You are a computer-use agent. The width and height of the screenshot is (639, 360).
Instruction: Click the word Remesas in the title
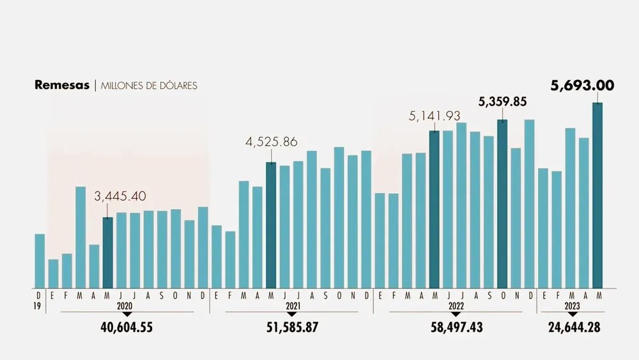pyautogui.click(x=62, y=86)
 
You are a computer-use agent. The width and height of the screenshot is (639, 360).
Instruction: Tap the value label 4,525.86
pyautogui.click(x=272, y=142)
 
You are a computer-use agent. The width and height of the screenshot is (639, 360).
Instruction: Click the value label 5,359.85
pyautogui.click(x=502, y=102)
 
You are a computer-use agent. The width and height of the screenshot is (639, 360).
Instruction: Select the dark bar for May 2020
pyautogui.click(x=108, y=253)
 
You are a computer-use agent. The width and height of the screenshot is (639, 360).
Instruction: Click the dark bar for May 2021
pyautogui.click(x=271, y=225)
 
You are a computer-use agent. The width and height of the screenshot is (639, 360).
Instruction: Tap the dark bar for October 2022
pyautogui.click(x=502, y=203)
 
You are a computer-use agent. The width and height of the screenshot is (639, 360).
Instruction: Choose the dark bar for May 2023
pyautogui.click(x=597, y=195)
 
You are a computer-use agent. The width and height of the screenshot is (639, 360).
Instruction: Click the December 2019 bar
pyautogui.click(x=40, y=261)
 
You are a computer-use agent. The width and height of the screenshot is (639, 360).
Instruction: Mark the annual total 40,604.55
pyautogui.click(x=127, y=328)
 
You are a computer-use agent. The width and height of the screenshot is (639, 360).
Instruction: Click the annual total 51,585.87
pyautogui.click(x=292, y=328)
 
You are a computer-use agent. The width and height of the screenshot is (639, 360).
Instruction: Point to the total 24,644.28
pyautogui.click(x=574, y=328)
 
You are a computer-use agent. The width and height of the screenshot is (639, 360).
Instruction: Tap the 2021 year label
pyautogui.click(x=292, y=307)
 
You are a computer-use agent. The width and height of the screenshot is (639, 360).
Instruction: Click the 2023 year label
pyautogui.click(x=573, y=307)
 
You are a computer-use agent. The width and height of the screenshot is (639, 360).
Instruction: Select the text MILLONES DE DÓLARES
pyautogui.click(x=149, y=86)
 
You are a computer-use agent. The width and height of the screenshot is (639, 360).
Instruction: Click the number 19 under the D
pyautogui.click(x=38, y=306)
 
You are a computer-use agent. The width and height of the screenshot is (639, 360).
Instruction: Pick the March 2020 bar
pyautogui.click(x=81, y=237)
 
